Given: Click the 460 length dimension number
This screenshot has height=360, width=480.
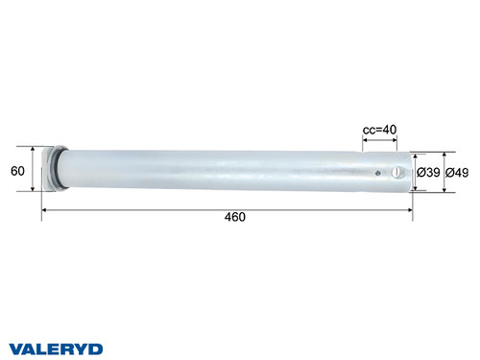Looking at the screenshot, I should pos(235,217).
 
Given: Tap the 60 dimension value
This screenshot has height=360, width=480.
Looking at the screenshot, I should pos(16,171).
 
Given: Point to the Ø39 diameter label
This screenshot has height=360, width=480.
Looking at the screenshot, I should pos(428,172).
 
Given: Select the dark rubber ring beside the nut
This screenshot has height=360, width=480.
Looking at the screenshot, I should pos(62,169).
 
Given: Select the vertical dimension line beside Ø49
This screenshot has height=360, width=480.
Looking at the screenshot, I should pos(444,172).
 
